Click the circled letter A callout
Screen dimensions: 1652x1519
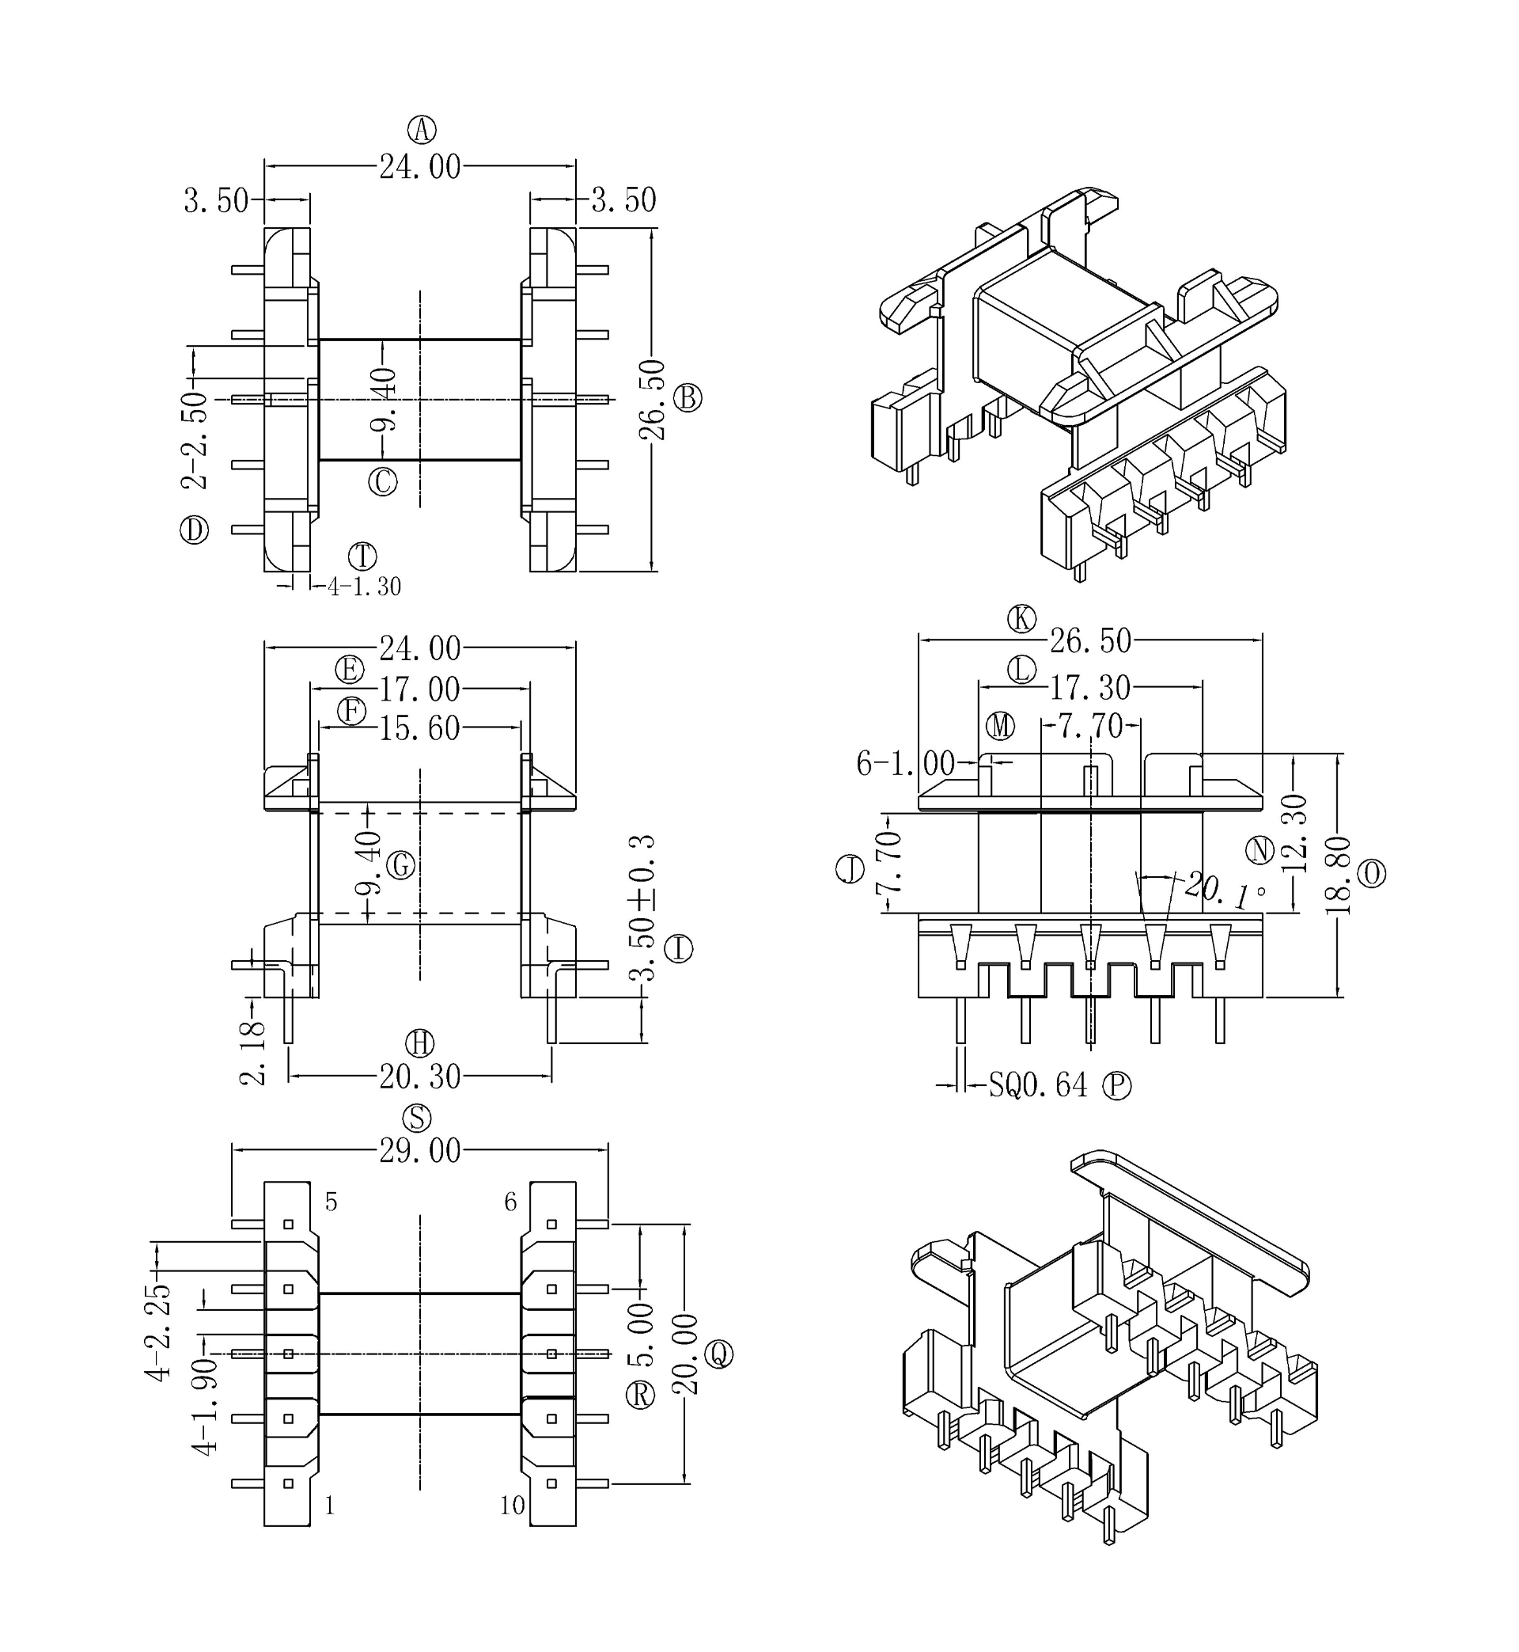pyautogui.click(x=422, y=130)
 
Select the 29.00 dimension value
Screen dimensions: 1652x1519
pyautogui.click(x=420, y=1151)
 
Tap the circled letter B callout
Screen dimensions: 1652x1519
pyautogui.click(x=688, y=398)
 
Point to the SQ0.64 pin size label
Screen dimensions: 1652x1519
pyautogui.click(x=1037, y=1085)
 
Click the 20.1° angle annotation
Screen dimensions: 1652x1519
pyautogui.click(x=1224, y=891)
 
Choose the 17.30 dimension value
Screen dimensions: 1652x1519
pyautogui.click(x=1090, y=687)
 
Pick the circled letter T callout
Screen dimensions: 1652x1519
pyautogui.click(x=362, y=556)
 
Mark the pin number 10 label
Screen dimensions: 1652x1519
pyautogui.click(x=511, y=1506)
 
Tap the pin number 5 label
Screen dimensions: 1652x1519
pyautogui.click(x=331, y=1202)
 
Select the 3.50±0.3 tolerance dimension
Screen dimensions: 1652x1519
pyautogui.click(x=642, y=909)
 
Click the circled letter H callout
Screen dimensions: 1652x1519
pyautogui.click(x=420, y=1043)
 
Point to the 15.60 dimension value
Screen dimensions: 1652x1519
pyautogui.click(x=420, y=728)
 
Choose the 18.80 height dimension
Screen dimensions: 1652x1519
pyautogui.click(x=1338, y=875)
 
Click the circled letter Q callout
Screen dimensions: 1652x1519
pyautogui.click(x=720, y=1354)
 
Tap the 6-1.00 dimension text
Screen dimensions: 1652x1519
pyautogui.click(x=905, y=764)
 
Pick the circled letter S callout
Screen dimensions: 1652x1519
pyautogui.click(x=418, y=1118)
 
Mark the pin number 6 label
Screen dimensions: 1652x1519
pyautogui.click(x=510, y=1202)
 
